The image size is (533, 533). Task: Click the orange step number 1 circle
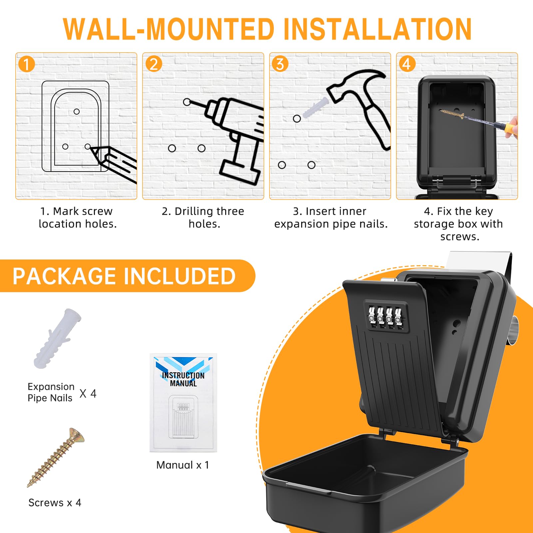[27, 64]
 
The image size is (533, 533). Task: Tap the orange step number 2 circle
[154, 64]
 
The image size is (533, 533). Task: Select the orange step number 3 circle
[280, 64]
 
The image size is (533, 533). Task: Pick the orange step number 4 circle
[407, 64]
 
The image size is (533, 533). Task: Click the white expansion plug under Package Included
[57, 338]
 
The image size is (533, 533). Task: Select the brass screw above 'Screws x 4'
[56, 457]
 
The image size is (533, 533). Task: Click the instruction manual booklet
[183, 403]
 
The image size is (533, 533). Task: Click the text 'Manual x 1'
[183, 465]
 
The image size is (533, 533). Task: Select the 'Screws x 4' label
[55, 502]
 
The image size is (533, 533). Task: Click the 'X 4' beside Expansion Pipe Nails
[88, 393]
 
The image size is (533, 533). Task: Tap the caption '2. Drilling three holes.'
[203, 217]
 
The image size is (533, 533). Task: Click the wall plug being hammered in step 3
[315, 107]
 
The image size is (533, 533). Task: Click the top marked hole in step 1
[77, 112]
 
